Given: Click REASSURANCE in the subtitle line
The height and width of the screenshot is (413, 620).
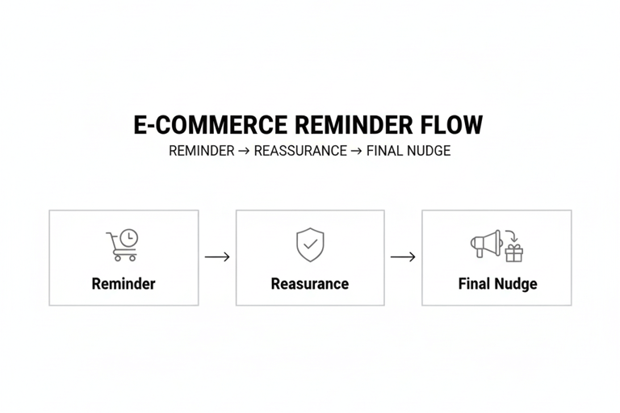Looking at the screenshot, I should pyautogui.click(x=300, y=151).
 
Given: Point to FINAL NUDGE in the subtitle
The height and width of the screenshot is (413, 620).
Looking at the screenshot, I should pyautogui.click(x=408, y=151).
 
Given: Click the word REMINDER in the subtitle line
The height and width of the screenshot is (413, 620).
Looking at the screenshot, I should pyautogui.click(x=201, y=151).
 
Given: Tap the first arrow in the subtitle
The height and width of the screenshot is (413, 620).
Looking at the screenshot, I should pyautogui.click(x=244, y=151).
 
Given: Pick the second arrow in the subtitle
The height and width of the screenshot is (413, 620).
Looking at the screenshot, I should pyautogui.click(x=356, y=151).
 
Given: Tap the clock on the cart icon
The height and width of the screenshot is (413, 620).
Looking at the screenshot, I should pyautogui.click(x=128, y=238).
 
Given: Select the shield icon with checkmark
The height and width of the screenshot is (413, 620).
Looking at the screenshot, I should pyautogui.click(x=310, y=244).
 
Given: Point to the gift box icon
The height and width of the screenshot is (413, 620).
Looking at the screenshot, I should pyautogui.click(x=514, y=253).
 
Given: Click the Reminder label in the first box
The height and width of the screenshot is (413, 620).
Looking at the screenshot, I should pyautogui.click(x=124, y=284).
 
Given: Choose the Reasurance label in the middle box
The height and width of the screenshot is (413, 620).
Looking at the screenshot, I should pyautogui.click(x=310, y=284).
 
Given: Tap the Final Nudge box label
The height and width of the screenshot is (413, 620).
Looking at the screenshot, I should pyautogui.click(x=497, y=284).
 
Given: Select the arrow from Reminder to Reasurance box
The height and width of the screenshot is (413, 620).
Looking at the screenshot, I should pyautogui.click(x=217, y=257).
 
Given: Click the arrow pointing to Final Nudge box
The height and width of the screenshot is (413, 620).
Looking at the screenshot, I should pyautogui.click(x=403, y=257).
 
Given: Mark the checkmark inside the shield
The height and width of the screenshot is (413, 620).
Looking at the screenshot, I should pyautogui.click(x=310, y=244).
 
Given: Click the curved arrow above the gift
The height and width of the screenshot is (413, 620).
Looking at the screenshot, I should pyautogui.click(x=511, y=237).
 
